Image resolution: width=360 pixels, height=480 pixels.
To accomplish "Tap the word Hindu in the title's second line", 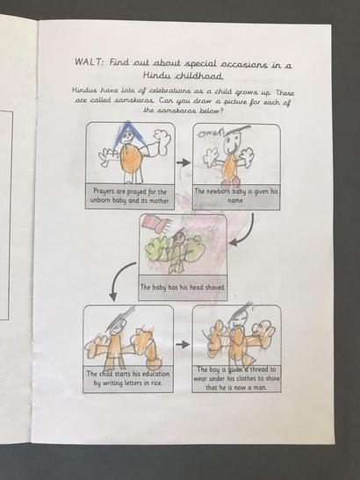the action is point(156,75).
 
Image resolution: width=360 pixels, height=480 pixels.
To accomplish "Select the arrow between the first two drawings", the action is point(184,162).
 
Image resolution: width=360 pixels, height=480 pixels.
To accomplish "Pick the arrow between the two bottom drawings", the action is point(183,344).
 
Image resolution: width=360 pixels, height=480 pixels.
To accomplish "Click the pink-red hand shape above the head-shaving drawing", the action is point(155,225).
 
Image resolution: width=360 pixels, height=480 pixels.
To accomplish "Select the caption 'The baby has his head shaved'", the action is point(183,288).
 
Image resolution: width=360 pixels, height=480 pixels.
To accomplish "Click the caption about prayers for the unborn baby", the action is point(130,197).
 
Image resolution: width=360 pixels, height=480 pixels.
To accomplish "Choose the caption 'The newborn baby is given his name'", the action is point(236,196).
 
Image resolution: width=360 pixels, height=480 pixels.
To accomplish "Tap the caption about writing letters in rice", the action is point(128,378).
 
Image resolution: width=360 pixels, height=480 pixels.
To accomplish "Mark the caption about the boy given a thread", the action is point(236,378).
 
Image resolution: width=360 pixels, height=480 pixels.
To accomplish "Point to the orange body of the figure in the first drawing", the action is point(131,158).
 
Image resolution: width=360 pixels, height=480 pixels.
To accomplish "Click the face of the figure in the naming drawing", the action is point(231,144).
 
